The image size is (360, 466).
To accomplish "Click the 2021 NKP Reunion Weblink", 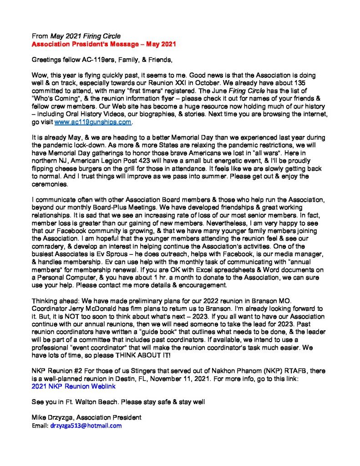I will coord(73,386).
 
